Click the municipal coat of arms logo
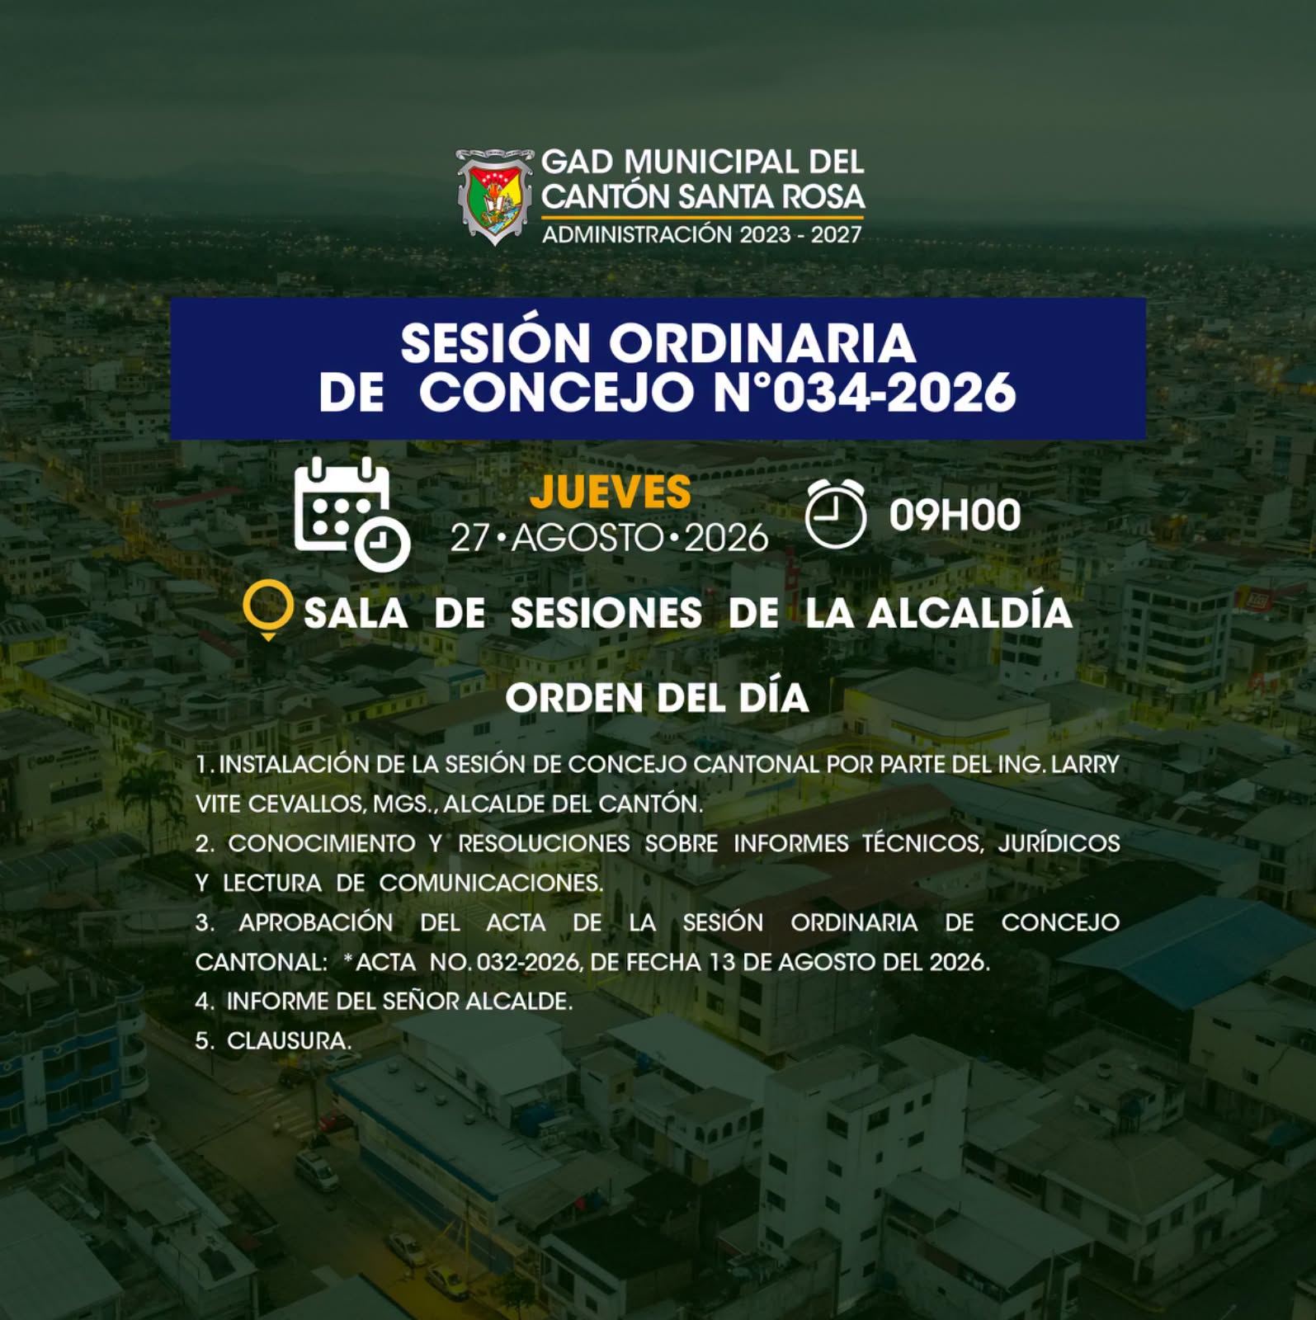click(x=494, y=196)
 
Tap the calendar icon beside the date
click(x=351, y=514)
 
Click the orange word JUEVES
click(x=610, y=492)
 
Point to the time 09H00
click(x=955, y=515)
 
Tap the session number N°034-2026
click(x=864, y=392)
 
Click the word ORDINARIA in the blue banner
click(x=762, y=342)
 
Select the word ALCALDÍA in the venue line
click(x=969, y=612)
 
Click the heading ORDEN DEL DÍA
click(x=657, y=698)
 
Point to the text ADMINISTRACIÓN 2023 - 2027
click(x=701, y=235)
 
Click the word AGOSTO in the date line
click(x=587, y=539)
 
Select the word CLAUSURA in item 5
click(x=289, y=1041)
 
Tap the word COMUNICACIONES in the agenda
click(x=491, y=883)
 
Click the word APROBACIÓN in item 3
click(x=316, y=922)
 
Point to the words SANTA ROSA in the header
click(x=771, y=197)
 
